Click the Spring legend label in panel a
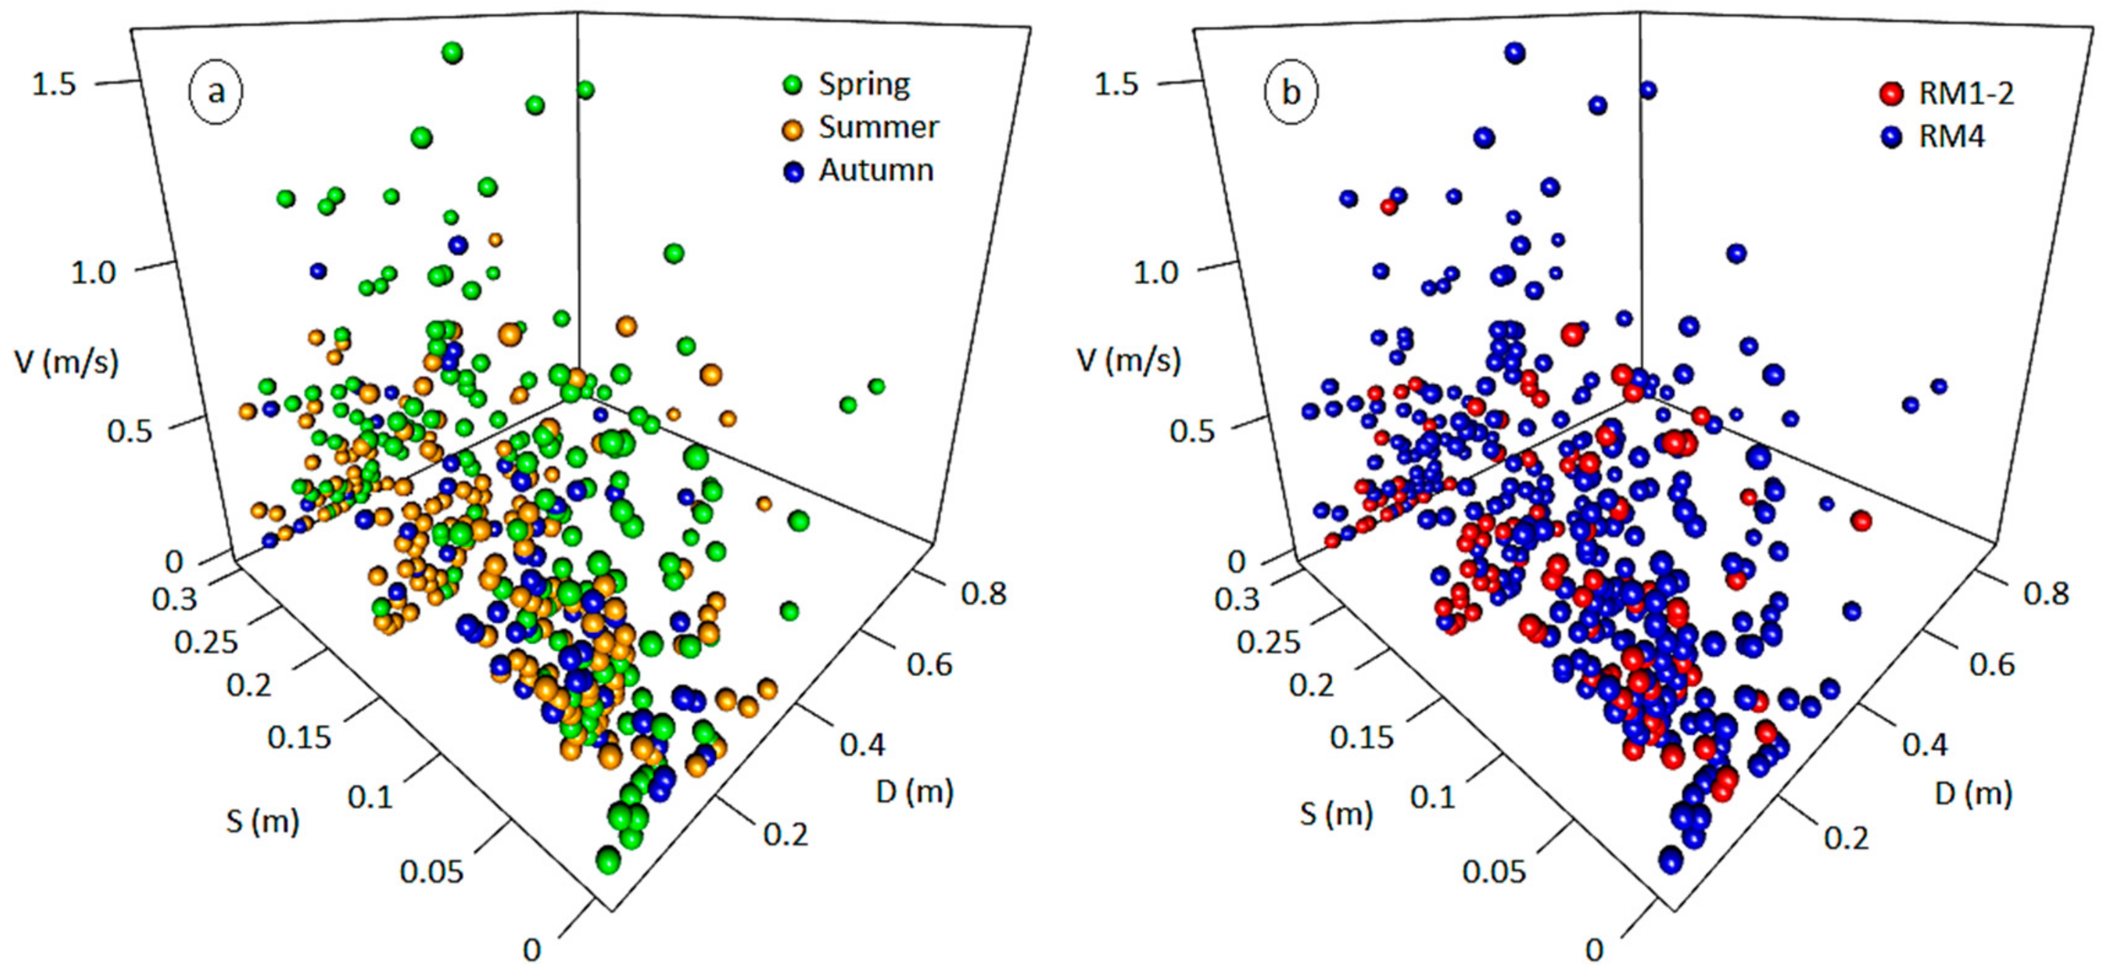[x=864, y=84]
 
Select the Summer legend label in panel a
[x=879, y=128]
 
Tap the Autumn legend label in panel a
[x=876, y=170]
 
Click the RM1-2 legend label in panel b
[x=1965, y=94]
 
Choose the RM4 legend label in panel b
[x=1952, y=137]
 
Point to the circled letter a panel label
[x=216, y=91]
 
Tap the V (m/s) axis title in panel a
[x=66, y=361]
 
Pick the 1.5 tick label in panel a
[x=53, y=83]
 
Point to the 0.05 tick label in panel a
[x=431, y=872]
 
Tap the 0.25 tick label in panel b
[x=1268, y=641]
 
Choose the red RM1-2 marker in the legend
[x=1891, y=94]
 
